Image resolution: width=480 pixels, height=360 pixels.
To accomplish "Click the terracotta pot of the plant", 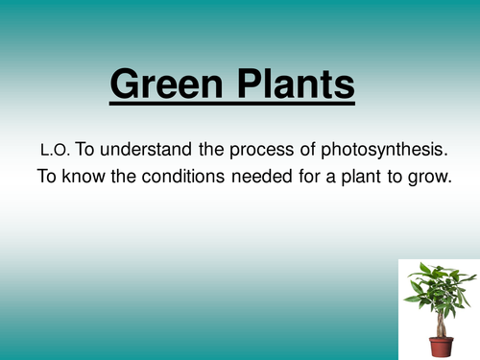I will tap(441, 344).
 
